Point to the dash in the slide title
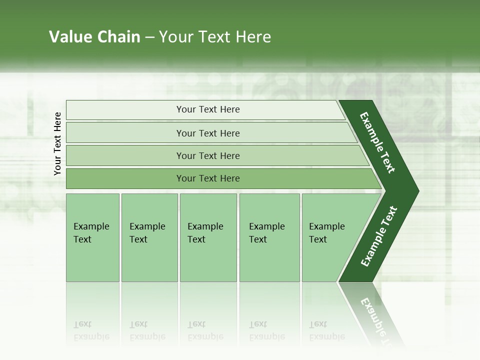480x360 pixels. pos(149,37)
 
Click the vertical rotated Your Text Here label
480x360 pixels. pos(57,143)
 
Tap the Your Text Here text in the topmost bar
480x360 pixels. pos(208,109)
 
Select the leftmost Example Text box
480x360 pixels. pos(92,237)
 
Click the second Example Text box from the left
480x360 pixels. pos(149,237)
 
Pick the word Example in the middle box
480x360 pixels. pos(205,226)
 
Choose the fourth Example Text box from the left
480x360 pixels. pos(269,237)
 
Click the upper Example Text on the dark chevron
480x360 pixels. pos(377,142)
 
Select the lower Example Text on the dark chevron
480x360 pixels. pos(379,236)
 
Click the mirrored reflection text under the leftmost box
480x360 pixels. pos(91,330)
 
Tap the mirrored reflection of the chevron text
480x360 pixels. pos(377,317)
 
